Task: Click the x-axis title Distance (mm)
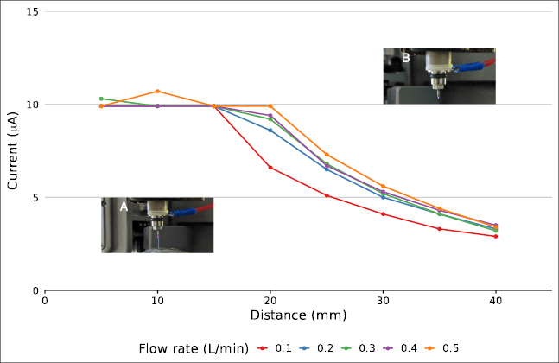pos(298,316)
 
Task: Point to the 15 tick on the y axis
pos(32,12)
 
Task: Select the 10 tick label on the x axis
pos(157,301)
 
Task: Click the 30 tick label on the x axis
pos(383,301)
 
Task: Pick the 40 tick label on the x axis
pos(495,301)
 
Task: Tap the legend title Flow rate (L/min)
pos(194,347)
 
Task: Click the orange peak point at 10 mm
pos(157,92)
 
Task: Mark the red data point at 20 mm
pos(270,168)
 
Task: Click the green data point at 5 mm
pos(101,99)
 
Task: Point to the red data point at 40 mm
pos(495,236)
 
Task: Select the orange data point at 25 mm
pos(327,155)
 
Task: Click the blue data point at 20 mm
pos(270,131)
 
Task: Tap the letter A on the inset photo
pos(124,207)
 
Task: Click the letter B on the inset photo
pos(405,58)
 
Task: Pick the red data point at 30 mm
pos(383,214)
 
